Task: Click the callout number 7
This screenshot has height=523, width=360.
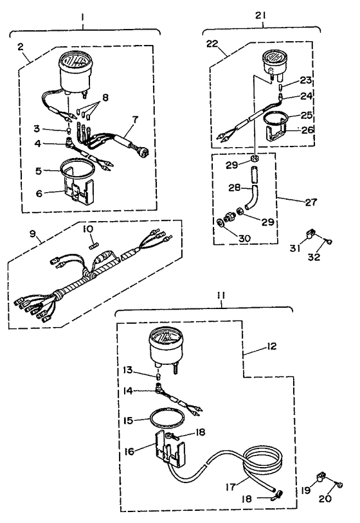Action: point(135,120)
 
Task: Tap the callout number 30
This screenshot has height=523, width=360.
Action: point(244,238)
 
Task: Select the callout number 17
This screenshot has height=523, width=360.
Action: point(231,487)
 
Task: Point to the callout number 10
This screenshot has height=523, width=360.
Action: point(89,229)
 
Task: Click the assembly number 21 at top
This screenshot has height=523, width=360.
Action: point(261,15)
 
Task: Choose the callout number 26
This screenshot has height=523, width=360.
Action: point(307,129)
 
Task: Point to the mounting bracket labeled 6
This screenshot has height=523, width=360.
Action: point(78,190)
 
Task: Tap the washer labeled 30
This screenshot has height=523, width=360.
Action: point(220,222)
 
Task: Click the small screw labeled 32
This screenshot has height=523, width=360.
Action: point(329,242)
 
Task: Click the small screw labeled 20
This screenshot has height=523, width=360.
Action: point(339,485)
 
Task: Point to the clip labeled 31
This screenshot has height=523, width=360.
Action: point(310,233)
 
